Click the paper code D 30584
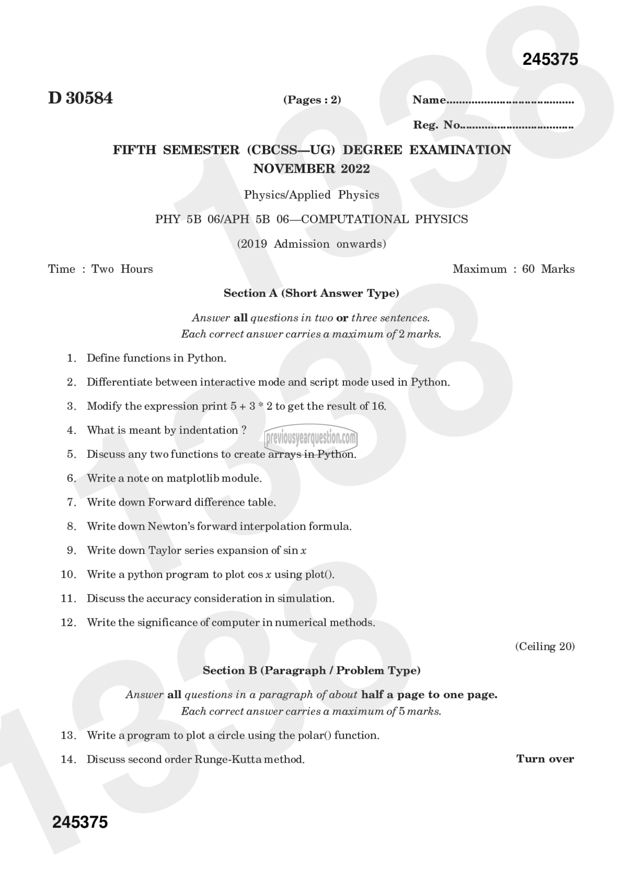click(81, 98)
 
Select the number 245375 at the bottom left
click(80, 822)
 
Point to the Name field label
click(429, 100)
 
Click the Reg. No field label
click(437, 125)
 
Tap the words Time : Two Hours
click(100, 269)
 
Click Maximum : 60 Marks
click(513, 269)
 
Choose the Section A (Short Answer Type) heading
click(311, 293)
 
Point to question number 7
click(72, 502)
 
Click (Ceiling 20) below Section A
click(545, 646)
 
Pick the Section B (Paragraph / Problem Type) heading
click(311, 670)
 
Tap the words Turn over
click(545, 759)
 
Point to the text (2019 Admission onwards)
click(311, 244)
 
